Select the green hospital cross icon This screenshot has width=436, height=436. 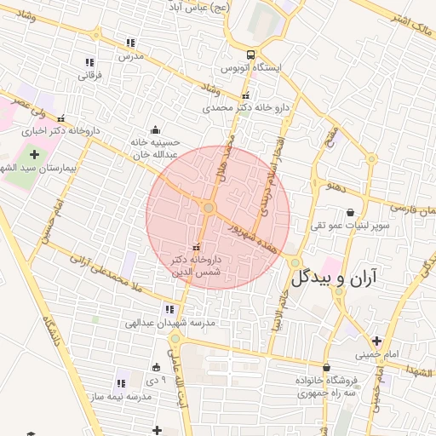(x=34, y=155)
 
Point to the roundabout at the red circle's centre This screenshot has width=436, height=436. (x=209, y=208)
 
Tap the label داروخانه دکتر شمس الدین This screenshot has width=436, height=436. (x=197, y=263)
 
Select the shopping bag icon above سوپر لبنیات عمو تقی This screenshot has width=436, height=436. (x=350, y=213)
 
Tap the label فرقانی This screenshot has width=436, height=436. (x=90, y=75)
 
